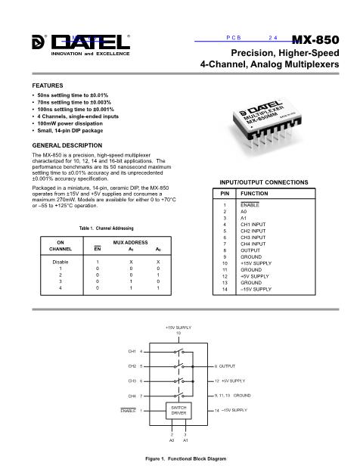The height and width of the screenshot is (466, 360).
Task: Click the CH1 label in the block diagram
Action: [x=132, y=351]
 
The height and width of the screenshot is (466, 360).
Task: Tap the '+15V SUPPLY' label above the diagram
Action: [x=178, y=327]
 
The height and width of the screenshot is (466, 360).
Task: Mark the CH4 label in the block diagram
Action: [x=132, y=396]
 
